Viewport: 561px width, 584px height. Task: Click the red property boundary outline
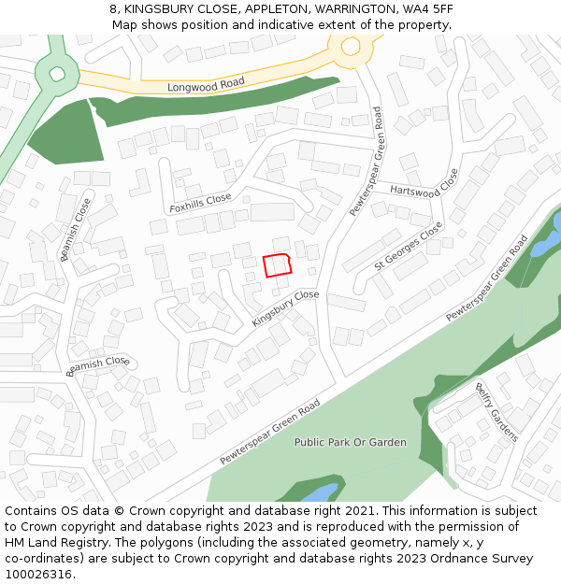[278, 265]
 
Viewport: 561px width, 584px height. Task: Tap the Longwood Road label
[206, 85]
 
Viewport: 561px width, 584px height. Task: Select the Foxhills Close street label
[200, 202]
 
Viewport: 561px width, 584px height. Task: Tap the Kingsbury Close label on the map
[285, 308]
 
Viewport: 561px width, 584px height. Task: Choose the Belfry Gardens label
[496, 412]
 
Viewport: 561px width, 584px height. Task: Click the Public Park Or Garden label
[351, 442]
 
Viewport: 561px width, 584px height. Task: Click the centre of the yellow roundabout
[351, 45]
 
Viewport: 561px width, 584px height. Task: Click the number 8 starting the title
[113, 9]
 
